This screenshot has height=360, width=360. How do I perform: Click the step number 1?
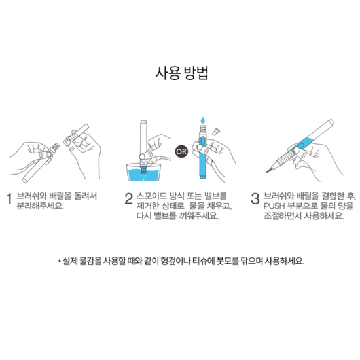coord(10,198)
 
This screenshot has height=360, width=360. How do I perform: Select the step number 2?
coord(129,198)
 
